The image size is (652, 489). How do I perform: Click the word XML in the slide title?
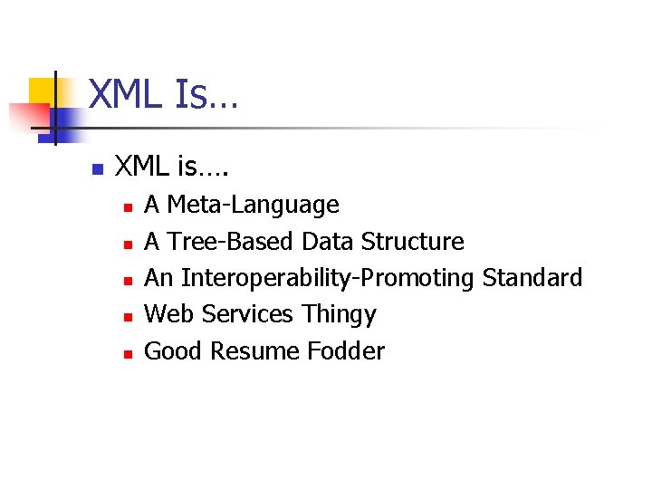click(127, 95)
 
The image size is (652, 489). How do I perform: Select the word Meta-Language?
click(254, 206)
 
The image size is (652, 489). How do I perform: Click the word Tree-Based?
click(232, 242)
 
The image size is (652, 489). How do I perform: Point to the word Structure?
click(412, 242)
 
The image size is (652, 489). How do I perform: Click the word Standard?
click(532, 278)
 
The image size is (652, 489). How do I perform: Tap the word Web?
click(169, 314)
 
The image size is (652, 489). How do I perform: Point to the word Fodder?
click(346, 350)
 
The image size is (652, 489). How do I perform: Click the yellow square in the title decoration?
click(43, 91)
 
